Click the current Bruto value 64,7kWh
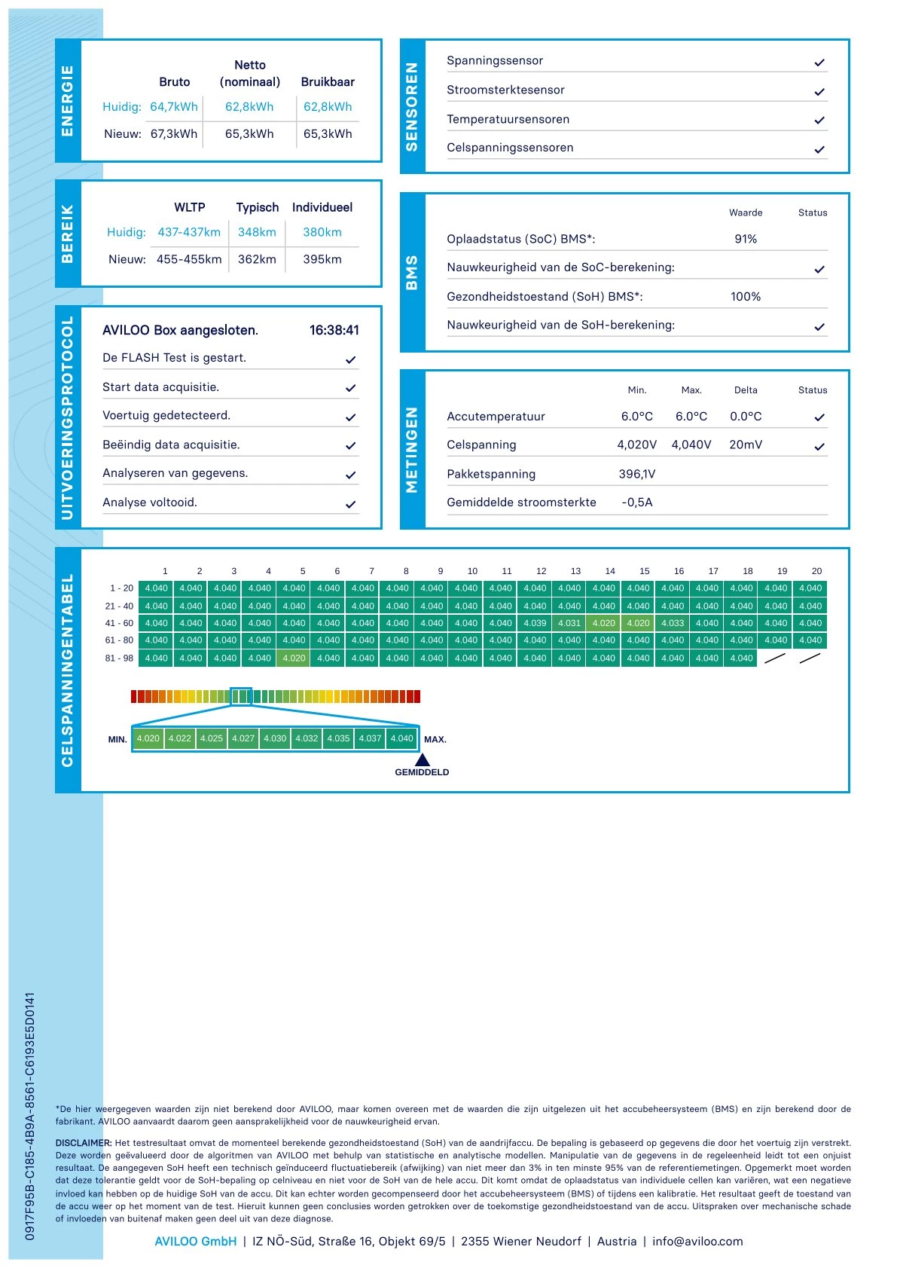[174, 107]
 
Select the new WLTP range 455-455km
[189, 259]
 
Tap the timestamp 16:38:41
[334, 330]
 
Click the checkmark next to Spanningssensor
[819, 63]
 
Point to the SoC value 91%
[746, 239]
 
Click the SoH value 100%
[746, 297]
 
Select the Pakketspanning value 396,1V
[637, 474]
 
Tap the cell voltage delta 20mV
[746, 445]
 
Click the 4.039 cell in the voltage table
[535, 623]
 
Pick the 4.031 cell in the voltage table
[569, 623]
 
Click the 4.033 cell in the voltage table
[673, 623]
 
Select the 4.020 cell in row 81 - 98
[294, 658]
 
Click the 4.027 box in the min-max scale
[243, 738]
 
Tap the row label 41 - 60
[119, 623]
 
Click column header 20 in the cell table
[816, 571]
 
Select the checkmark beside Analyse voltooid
[350, 504]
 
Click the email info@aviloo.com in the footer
[697, 1241]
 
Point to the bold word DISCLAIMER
[84, 1143]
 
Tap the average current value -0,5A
[637, 503]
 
